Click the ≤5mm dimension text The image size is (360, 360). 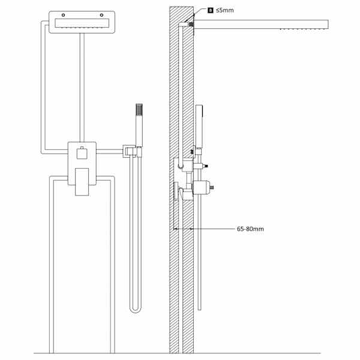pyautogui.click(x=225, y=10)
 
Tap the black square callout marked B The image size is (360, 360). pyautogui.click(x=211, y=10)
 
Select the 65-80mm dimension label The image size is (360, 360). pyautogui.click(x=250, y=229)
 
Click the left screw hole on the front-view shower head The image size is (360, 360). pyautogui.click(x=64, y=15)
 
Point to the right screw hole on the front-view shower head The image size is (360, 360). pyautogui.click(x=101, y=15)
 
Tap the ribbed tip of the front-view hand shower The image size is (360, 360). pyautogui.click(x=139, y=110)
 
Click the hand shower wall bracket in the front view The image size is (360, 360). pyautogui.click(x=132, y=151)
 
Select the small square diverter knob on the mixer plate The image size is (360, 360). pyautogui.click(x=82, y=153)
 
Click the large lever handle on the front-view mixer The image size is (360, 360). pyautogui.click(x=82, y=182)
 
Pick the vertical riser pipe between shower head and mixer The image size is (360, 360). pyautogui.click(x=82, y=88)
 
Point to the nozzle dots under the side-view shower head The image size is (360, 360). pyautogui.click(x=304, y=29)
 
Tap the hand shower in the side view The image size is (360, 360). pyautogui.click(x=199, y=126)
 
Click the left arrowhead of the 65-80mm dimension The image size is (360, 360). pyautogui.click(x=175, y=229)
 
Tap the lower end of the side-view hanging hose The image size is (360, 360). pyautogui.click(x=199, y=309)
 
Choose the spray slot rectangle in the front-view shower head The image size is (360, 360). pyautogui.click(x=82, y=23)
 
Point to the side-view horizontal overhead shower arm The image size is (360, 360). pyautogui.click(x=261, y=25)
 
